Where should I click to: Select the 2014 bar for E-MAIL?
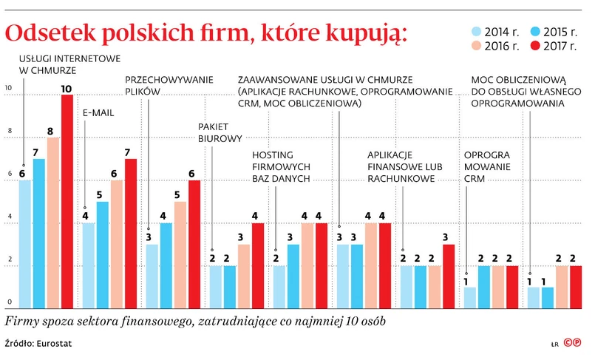(x=89, y=265)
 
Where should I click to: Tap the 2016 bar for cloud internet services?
(x=53, y=222)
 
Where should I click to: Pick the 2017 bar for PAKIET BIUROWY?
(x=258, y=265)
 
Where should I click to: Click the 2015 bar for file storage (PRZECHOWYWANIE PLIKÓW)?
(x=166, y=265)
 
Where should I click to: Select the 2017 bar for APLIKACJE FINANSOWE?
(x=449, y=275)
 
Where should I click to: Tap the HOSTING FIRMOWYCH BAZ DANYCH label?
(x=283, y=167)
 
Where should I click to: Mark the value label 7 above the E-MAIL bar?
(x=131, y=153)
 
